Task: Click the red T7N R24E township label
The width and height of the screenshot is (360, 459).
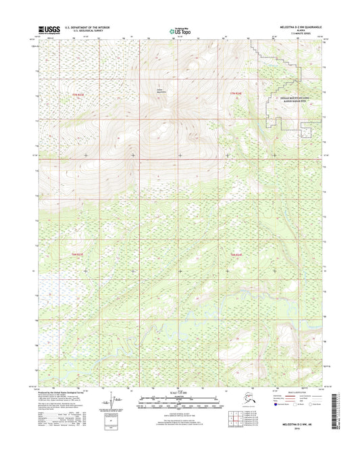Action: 232,93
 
